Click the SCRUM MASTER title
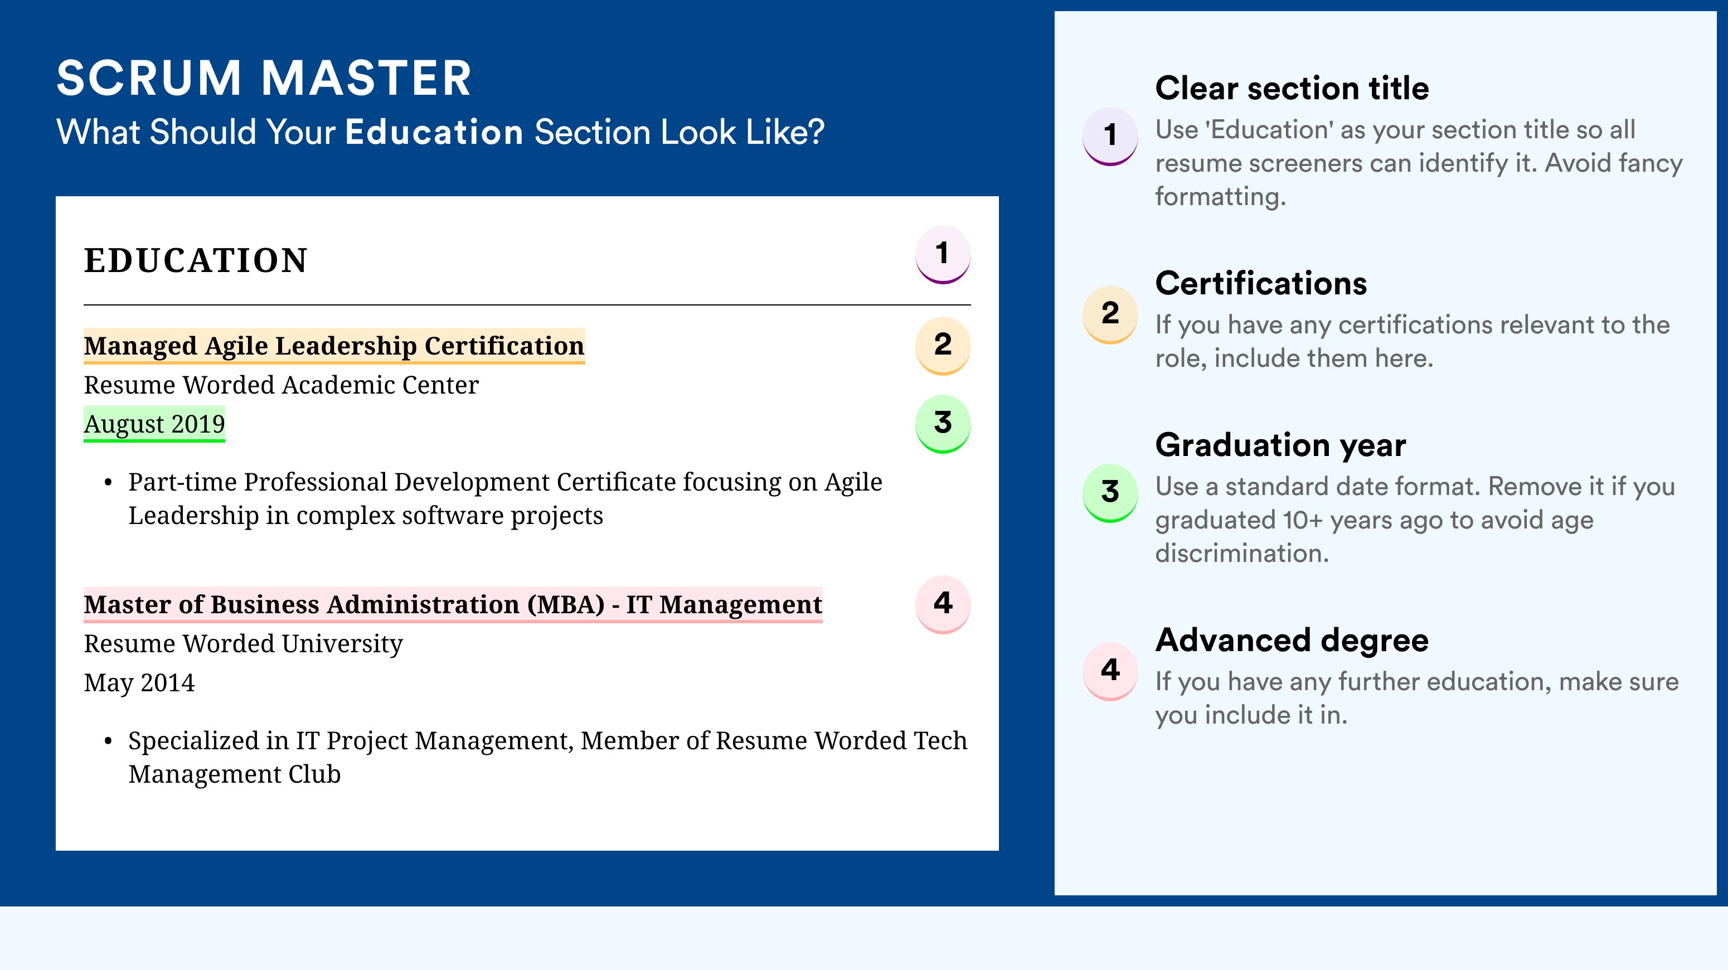tap(264, 78)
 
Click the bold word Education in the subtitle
tap(434, 132)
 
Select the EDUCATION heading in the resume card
tap(195, 260)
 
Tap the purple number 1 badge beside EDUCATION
tap(943, 254)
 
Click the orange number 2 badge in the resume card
tap(943, 346)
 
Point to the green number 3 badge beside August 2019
tap(943, 424)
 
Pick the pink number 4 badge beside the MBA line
tap(943, 604)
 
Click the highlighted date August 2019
tap(154, 424)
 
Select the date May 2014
tap(139, 683)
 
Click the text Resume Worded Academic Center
tap(281, 385)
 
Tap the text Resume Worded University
tap(244, 643)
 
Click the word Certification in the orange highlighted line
tap(504, 346)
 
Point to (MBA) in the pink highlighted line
tap(565, 604)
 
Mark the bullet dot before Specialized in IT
tap(108, 742)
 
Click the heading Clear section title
tap(1292, 88)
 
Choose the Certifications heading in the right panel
tap(1261, 283)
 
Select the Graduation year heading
tap(1280, 445)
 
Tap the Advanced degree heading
tap(1292, 641)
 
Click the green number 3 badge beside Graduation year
tap(1110, 493)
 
